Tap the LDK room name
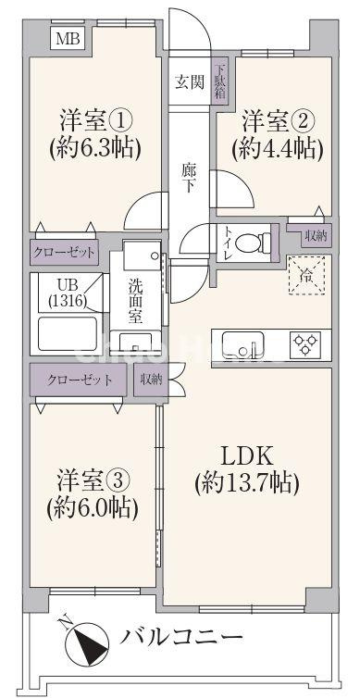(246, 455)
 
